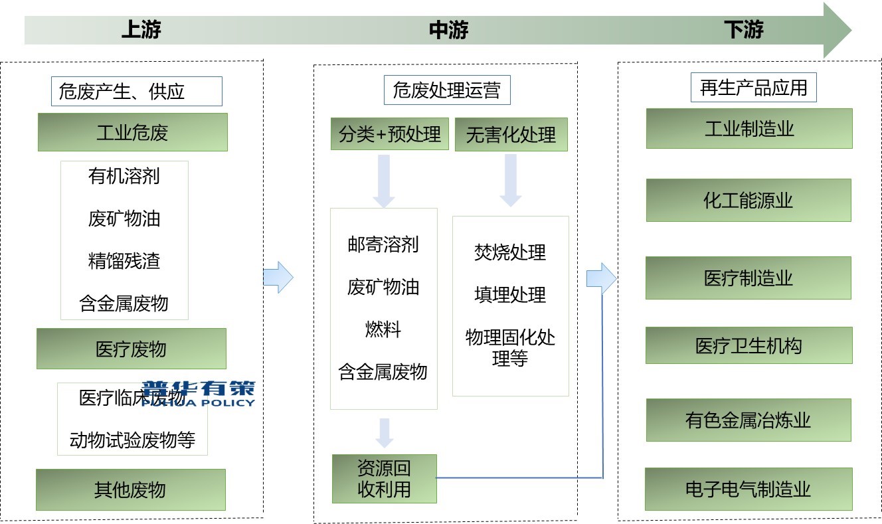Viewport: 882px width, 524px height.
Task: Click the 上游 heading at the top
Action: (141, 30)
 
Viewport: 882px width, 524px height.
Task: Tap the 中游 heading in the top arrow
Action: (449, 30)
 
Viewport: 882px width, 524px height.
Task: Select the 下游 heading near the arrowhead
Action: (744, 30)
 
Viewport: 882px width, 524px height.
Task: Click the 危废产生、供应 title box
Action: (136, 91)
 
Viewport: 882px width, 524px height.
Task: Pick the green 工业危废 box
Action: (132, 132)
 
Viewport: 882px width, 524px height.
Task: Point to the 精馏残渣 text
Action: (124, 261)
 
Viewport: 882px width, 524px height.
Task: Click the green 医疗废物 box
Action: (132, 349)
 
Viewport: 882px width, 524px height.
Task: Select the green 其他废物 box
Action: (131, 490)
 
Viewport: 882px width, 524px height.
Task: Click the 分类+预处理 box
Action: (390, 134)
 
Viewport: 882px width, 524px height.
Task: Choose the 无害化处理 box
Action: (511, 135)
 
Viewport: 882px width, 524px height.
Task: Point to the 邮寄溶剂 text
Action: (383, 244)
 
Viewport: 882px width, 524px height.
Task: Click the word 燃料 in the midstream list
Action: (383, 329)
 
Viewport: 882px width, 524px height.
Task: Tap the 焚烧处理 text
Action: (510, 252)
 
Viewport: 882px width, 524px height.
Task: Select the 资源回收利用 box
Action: (385, 479)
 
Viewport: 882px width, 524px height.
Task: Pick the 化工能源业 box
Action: (749, 201)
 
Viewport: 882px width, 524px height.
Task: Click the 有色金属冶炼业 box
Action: (749, 420)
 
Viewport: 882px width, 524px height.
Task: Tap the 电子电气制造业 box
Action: (749, 489)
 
